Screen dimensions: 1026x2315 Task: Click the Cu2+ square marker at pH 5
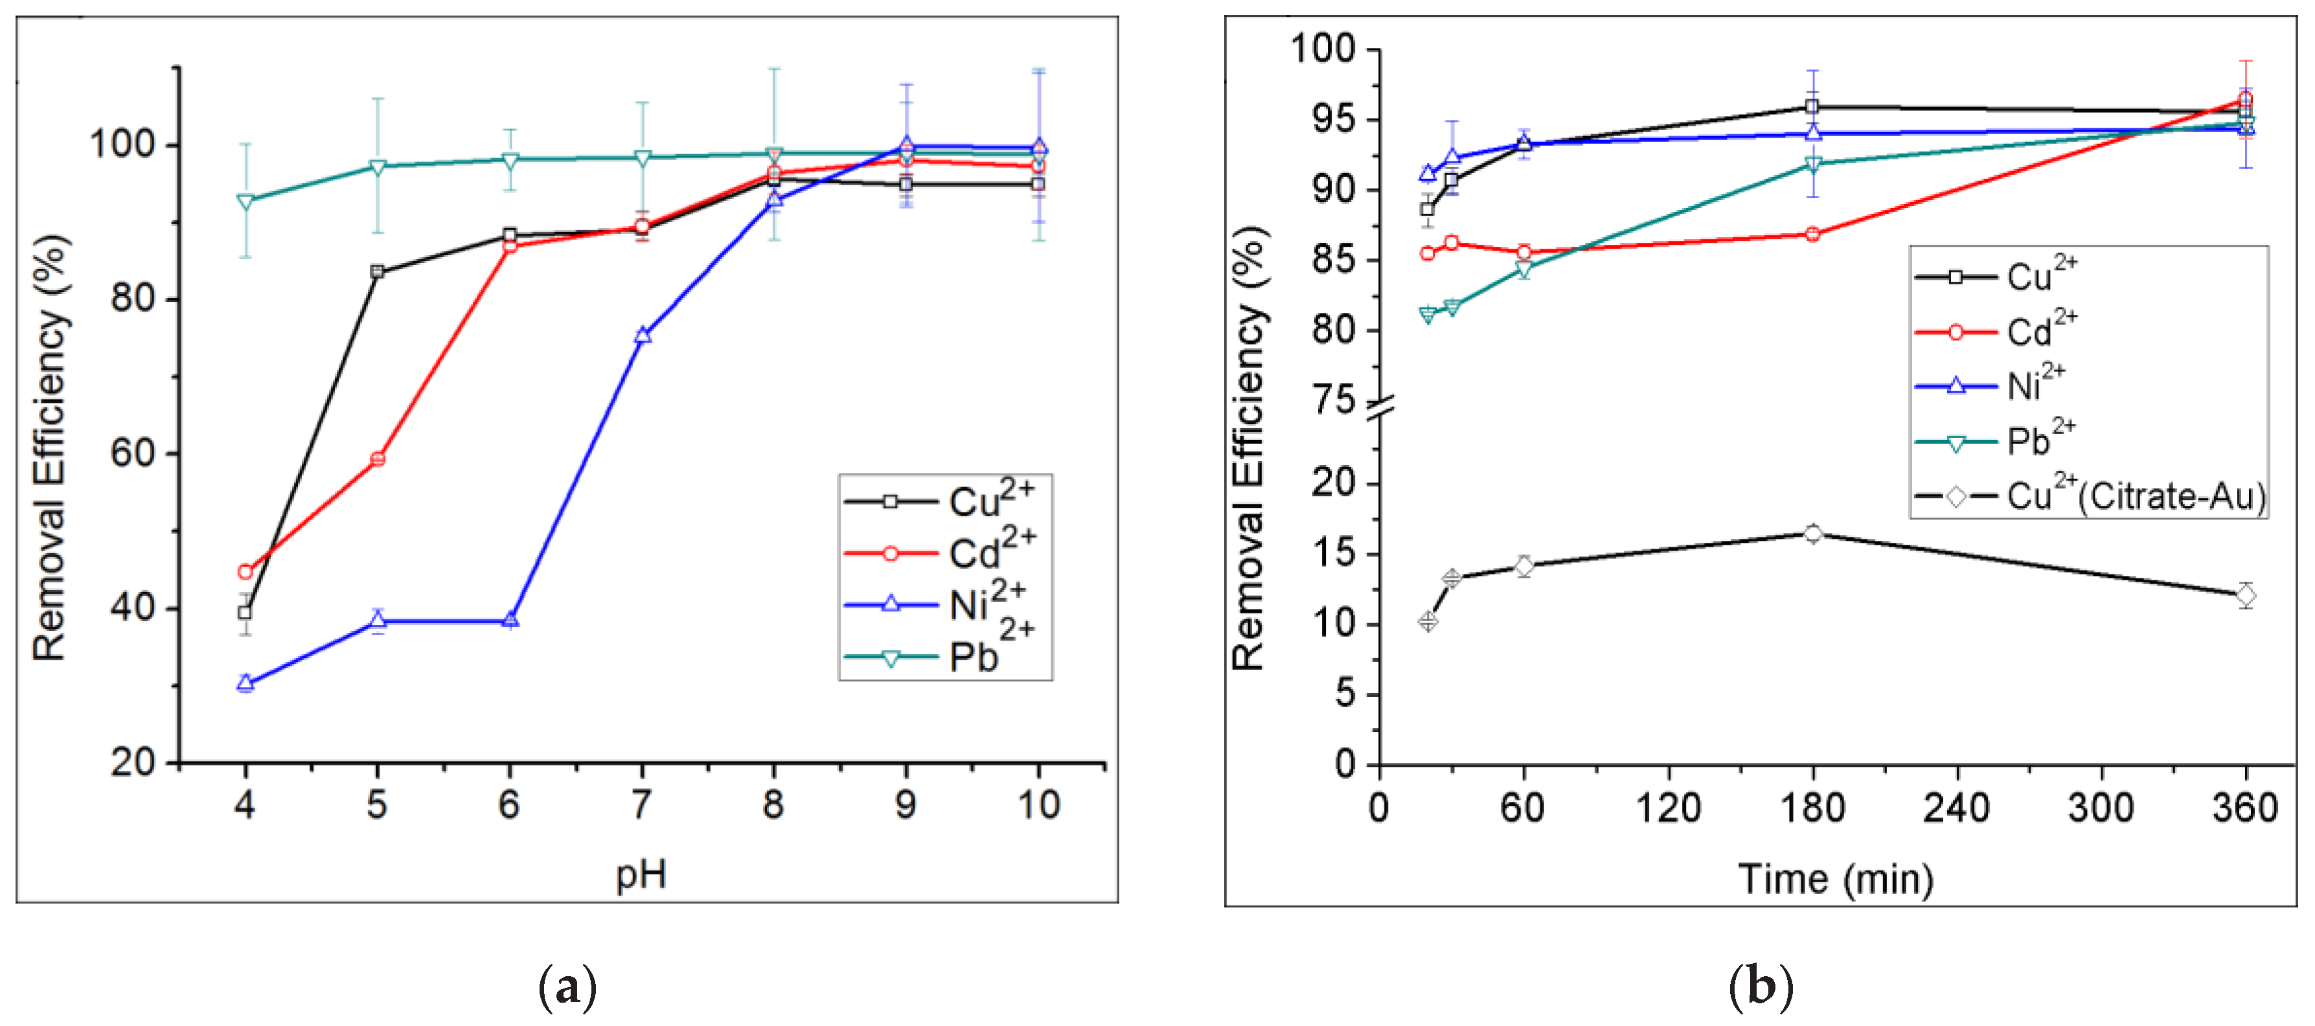tap(378, 271)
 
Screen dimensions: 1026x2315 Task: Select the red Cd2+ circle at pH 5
tap(378, 459)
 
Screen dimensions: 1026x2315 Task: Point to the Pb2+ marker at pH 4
tap(245, 201)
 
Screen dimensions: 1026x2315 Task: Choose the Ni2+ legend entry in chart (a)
tap(939, 604)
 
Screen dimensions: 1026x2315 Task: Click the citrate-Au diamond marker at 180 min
tap(1812, 534)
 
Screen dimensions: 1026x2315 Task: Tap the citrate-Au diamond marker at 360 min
tap(2245, 595)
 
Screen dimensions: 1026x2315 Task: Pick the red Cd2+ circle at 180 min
tap(1812, 234)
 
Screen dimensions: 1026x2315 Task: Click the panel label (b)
tap(1760, 986)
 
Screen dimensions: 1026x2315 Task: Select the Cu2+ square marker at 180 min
tap(1812, 107)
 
